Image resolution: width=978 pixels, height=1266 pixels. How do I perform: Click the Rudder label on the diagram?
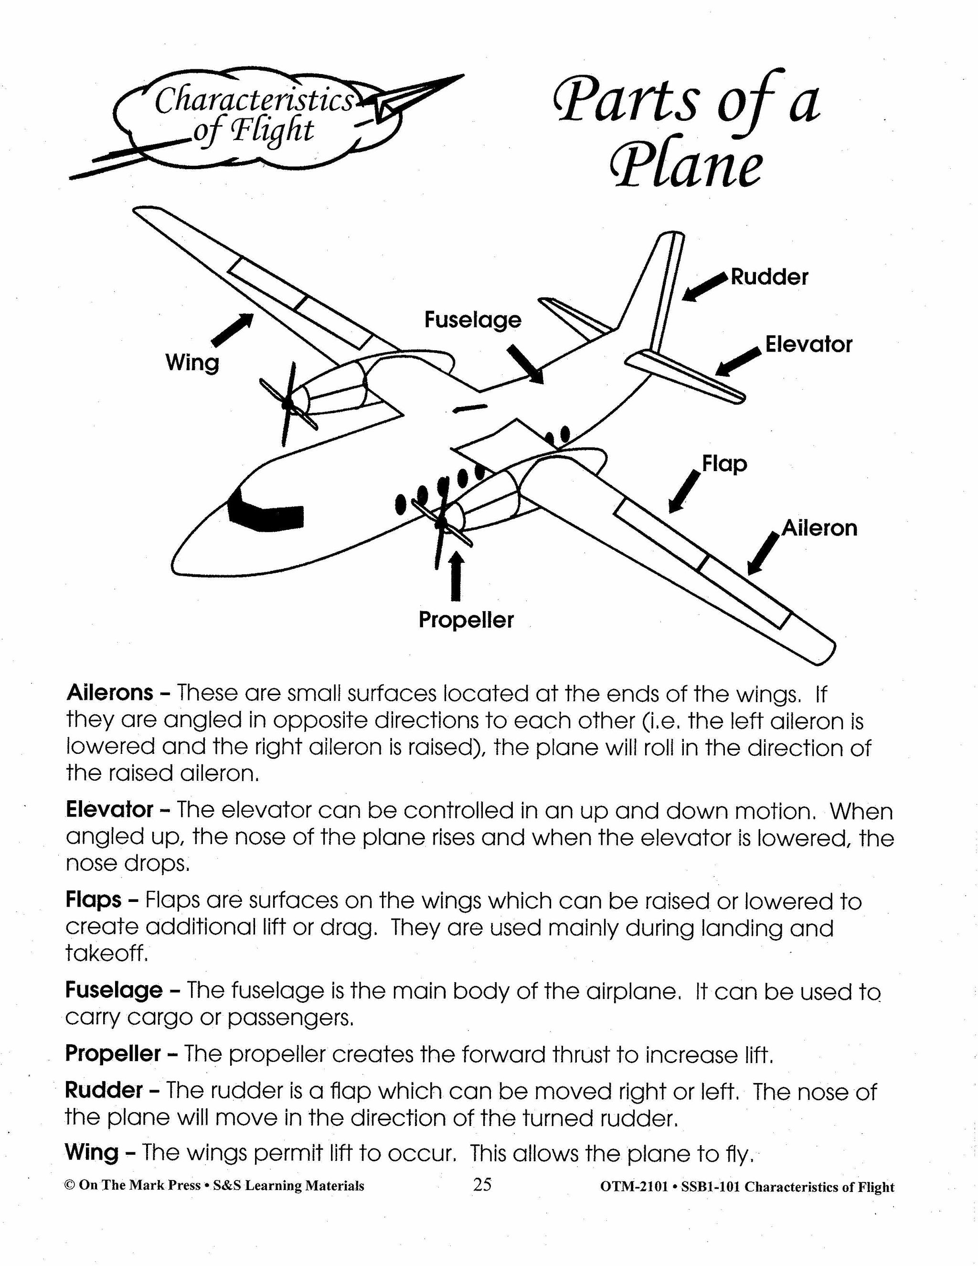[769, 277]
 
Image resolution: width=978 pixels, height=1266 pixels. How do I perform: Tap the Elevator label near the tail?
[808, 344]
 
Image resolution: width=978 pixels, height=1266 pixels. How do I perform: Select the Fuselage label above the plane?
[473, 320]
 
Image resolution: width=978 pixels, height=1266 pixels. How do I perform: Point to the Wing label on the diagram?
[192, 364]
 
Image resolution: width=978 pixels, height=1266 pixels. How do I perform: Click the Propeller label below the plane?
[466, 620]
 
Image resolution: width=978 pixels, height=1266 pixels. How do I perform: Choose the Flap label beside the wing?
[724, 464]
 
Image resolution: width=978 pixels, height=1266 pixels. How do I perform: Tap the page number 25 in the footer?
[482, 1185]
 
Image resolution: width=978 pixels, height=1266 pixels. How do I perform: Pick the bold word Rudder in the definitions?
[104, 1090]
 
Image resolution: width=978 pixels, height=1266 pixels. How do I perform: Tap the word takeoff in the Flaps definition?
[106, 953]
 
